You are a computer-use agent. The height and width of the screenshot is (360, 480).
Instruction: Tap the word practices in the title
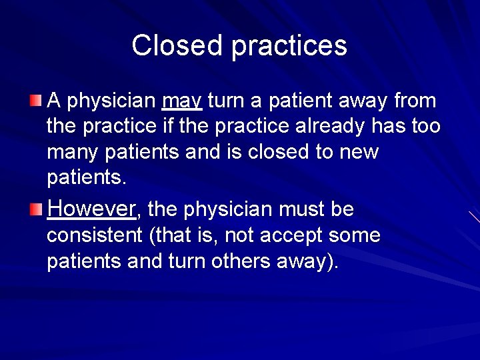289,46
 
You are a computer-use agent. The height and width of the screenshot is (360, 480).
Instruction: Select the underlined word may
182,101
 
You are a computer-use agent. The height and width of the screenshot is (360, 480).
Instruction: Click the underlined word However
91,209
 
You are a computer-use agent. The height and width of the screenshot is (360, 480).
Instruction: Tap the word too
426,127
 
